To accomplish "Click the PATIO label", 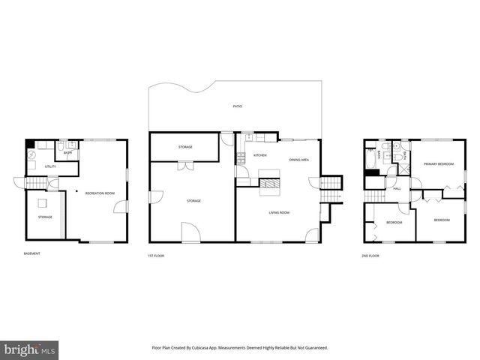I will click(237, 106).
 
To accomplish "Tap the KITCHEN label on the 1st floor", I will click(260, 155).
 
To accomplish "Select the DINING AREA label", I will click(299, 160).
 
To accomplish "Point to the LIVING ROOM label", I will click(280, 213).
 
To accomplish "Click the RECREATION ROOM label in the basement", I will click(100, 193).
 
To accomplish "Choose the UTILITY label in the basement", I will click(50, 166).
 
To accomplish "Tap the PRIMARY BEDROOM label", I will click(436, 163).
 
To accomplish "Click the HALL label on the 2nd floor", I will click(397, 189).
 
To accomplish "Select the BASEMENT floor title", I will click(31, 253).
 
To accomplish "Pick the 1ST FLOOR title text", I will click(155, 256).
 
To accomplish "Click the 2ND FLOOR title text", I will click(370, 256).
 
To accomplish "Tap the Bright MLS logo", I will click(30, 349).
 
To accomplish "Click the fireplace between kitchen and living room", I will click(271, 181).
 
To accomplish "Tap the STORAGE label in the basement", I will click(45, 217).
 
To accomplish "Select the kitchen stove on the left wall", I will click(241, 159).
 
